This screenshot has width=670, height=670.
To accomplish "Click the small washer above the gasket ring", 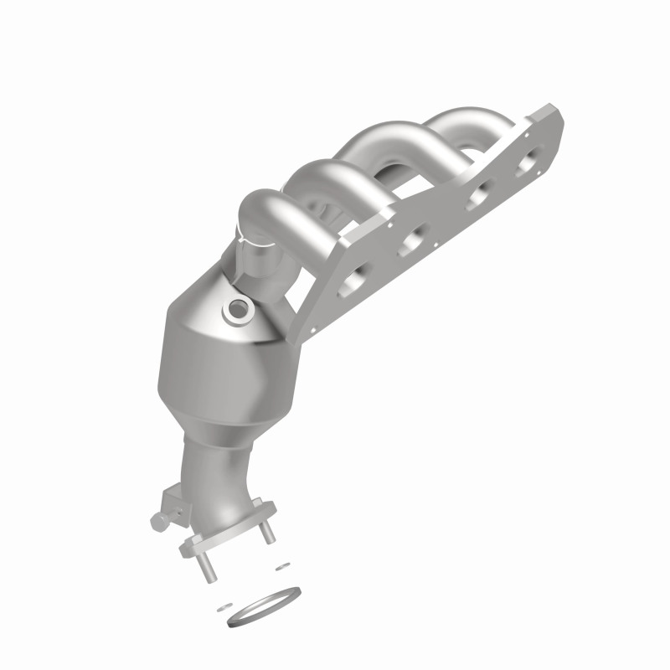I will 278,566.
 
